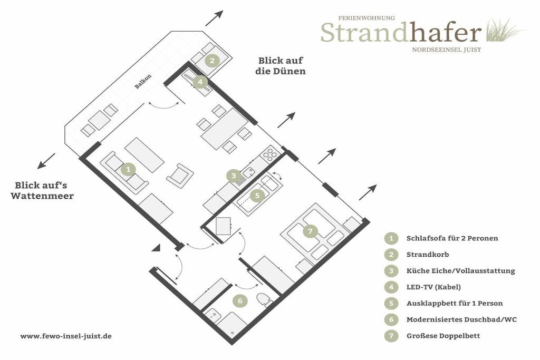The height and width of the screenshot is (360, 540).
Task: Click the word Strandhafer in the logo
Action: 401,32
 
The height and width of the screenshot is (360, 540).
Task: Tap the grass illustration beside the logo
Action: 505,30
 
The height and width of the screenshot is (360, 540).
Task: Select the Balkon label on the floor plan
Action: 142,82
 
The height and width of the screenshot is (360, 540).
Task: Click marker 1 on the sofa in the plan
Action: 128,169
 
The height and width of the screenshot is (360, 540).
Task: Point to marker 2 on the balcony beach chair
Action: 212,61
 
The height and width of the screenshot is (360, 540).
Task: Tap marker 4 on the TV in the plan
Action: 200,82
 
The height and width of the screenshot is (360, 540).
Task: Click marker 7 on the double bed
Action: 310,231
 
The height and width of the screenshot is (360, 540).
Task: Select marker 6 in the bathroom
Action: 240,301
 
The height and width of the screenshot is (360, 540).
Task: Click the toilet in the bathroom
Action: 265,300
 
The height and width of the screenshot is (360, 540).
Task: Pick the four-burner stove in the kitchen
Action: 270,154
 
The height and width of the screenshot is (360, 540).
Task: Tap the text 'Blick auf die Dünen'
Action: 281,66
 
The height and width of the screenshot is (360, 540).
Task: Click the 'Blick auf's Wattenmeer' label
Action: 42,190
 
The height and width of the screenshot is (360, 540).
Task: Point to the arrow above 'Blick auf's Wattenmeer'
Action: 46,161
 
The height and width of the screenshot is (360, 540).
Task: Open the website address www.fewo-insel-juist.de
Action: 66,336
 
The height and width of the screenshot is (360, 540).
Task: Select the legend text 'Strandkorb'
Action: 428,255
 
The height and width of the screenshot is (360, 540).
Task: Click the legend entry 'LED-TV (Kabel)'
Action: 433,287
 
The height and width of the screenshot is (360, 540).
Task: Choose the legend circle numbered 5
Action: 391,303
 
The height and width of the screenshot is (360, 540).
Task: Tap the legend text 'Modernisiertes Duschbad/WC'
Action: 461,320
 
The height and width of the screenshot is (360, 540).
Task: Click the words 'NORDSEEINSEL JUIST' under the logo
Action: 447,50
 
